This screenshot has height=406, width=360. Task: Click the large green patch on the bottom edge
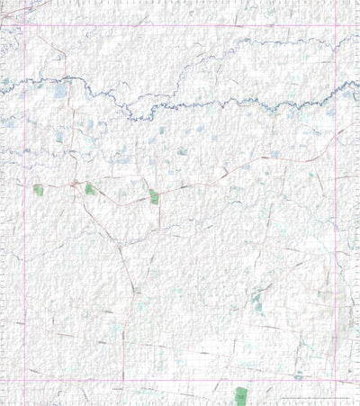click(x=240, y=395)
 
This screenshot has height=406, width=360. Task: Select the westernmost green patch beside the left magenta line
click(x=38, y=190)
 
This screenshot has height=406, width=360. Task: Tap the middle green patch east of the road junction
click(x=90, y=189)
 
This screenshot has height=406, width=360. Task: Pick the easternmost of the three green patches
click(x=154, y=196)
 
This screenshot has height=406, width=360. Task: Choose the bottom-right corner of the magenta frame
click(x=336, y=379)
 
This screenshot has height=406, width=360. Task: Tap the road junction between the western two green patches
click(x=72, y=185)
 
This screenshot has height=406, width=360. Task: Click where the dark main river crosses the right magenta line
click(x=336, y=89)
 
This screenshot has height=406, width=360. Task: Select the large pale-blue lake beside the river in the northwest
click(x=60, y=90)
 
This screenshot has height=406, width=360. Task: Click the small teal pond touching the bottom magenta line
click(x=298, y=376)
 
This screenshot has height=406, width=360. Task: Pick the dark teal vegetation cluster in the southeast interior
click(x=258, y=300)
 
